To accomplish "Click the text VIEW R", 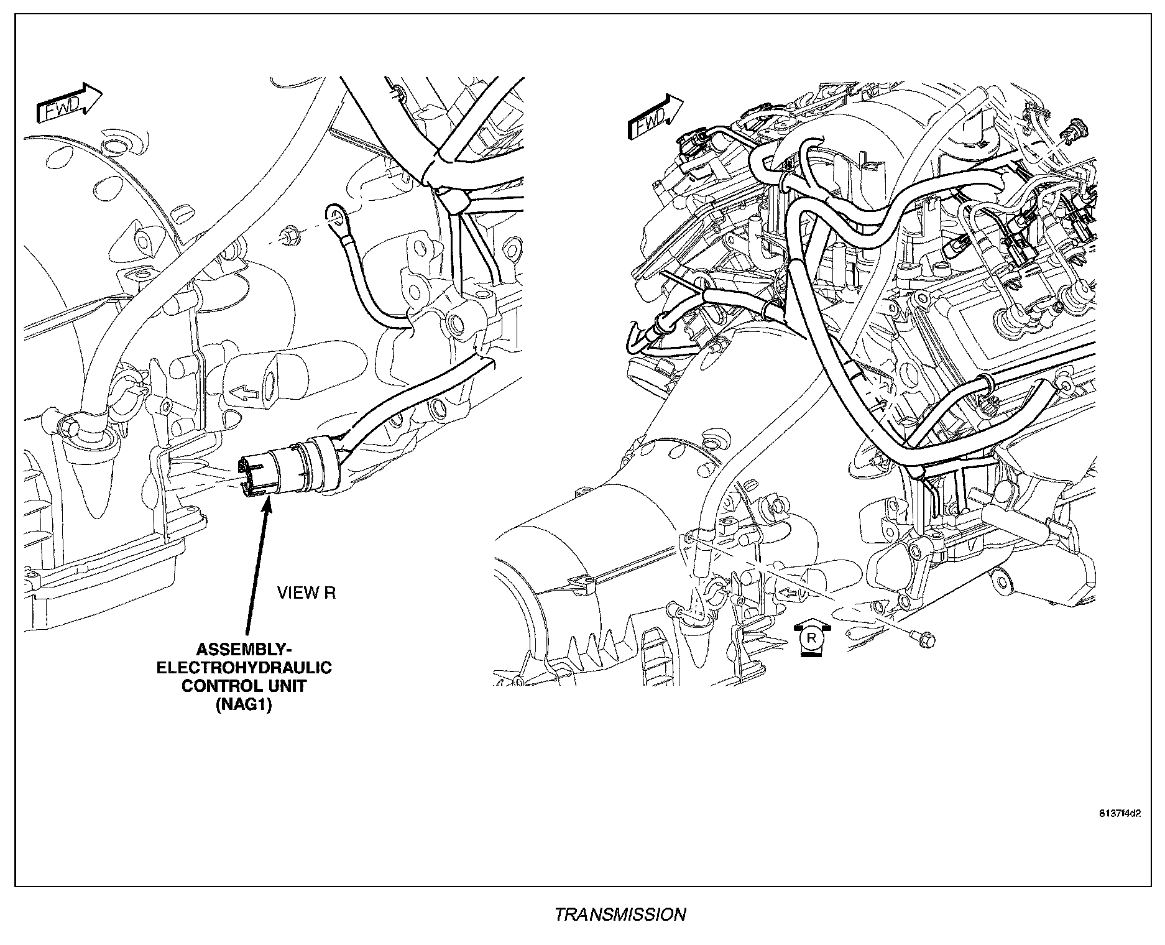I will [x=306, y=593].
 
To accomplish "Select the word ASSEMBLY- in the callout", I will [x=243, y=650].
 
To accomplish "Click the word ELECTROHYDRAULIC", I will [x=244, y=668].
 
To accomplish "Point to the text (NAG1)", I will [x=244, y=705].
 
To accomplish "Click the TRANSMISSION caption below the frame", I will [x=620, y=915].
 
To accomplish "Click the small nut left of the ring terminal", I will [x=288, y=236].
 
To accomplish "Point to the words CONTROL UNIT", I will [x=244, y=686].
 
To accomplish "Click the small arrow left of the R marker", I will [x=788, y=593].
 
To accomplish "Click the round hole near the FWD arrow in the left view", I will [x=114, y=147].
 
